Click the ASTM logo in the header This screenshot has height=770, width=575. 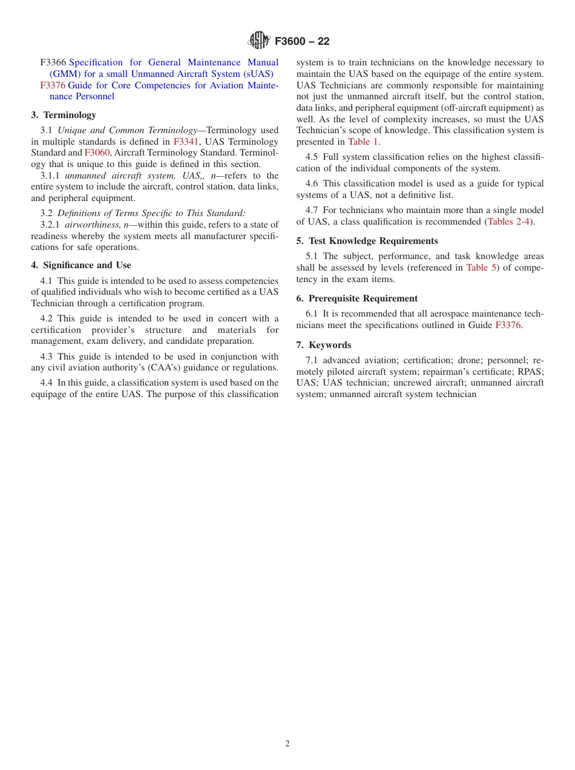259,41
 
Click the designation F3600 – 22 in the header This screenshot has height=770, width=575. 302,41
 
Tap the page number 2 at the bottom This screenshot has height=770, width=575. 287,744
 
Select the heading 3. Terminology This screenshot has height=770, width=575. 64,115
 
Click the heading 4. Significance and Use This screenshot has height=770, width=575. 81,265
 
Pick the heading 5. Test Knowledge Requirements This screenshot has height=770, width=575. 367,241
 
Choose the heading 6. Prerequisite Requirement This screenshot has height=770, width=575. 356,298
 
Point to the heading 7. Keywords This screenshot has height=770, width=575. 323,345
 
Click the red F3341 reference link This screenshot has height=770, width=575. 186,142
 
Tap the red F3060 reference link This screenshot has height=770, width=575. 97,153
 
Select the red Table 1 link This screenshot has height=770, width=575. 363,142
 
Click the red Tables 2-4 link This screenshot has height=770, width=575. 508,222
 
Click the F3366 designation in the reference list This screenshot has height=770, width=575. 53,62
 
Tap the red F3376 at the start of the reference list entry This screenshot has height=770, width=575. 53,85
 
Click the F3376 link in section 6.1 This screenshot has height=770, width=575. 508,325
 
